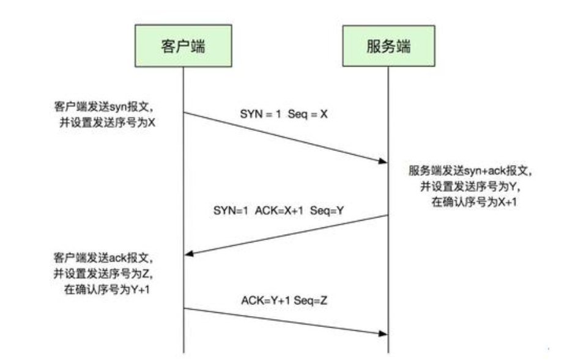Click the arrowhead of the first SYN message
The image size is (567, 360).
click(384, 161)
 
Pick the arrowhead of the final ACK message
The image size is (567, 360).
click(384, 333)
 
